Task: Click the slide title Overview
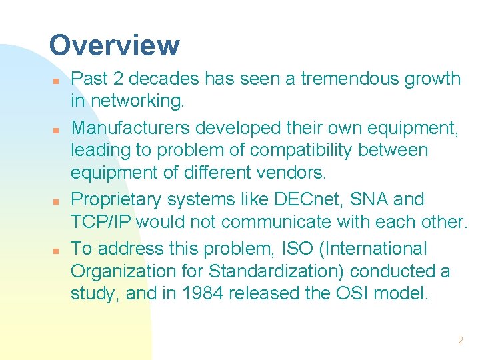pos(114,46)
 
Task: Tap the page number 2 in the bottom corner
pos(460,340)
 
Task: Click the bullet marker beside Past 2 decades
pos(57,81)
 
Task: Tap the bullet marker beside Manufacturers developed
pos(57,129)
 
